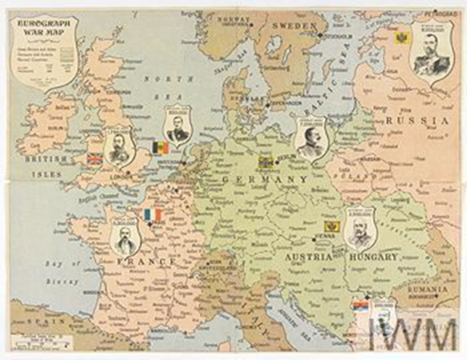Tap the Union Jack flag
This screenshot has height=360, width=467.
coord(95,159)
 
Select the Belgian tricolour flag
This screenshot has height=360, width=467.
coord(161,147)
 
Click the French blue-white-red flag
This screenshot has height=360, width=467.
coord(153,215)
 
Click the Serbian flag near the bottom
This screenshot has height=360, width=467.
coord(361,306)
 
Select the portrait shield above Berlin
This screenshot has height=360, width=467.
coord(310,139)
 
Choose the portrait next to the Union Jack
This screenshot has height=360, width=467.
coord(120,148)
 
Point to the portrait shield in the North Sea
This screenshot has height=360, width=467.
coord(178,125)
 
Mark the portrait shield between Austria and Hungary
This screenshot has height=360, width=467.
coord(361,227)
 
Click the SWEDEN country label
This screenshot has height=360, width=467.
coord(295,25)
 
